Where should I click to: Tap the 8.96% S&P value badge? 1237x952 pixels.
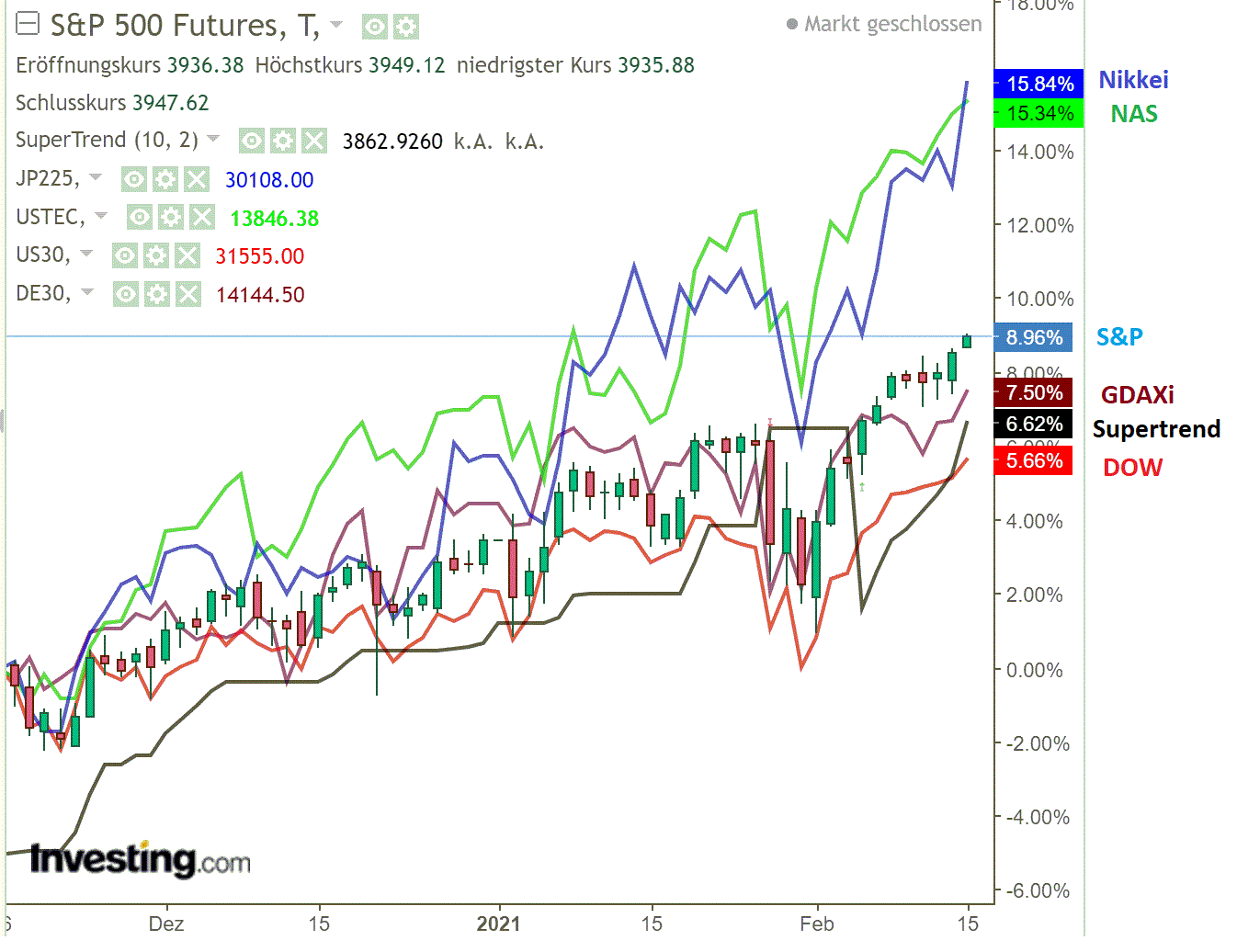1034,337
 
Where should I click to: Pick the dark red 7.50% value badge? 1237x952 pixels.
1034,393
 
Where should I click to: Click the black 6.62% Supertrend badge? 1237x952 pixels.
1034,424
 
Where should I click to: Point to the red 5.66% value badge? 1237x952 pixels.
1034,460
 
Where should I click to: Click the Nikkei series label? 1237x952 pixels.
1133,80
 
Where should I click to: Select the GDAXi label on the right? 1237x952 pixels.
1137,395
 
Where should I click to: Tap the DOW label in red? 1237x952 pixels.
1132,468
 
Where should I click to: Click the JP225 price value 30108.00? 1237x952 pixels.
269,180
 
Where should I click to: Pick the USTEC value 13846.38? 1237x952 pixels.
274,219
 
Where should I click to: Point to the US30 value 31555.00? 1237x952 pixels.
259,256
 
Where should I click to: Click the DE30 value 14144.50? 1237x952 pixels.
260,295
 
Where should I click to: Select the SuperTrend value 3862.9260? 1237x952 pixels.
392,142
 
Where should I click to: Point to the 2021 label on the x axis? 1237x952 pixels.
498,924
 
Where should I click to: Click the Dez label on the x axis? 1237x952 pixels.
166,924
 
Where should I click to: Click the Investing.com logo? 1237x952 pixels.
140,860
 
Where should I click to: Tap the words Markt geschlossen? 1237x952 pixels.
892,24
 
